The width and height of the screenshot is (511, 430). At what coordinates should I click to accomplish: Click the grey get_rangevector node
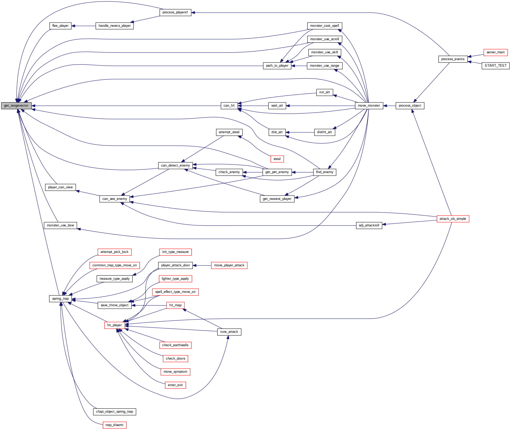click(x=16, y=106)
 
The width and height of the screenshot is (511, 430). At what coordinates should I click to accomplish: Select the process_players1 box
click(x=175, y=12)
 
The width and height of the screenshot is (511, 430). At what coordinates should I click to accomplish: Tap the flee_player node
click(x=60, y=26)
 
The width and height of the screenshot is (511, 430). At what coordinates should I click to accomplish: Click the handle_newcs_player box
click(x=115, y=26)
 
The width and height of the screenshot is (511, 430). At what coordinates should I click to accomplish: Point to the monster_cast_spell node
click(x=324, y=26)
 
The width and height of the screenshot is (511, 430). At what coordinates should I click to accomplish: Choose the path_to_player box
click(x=277, y=66)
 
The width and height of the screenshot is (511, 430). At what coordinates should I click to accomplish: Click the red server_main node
click(x=495, y=52)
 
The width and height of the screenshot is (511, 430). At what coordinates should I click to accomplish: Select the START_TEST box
click(x=495, y=66)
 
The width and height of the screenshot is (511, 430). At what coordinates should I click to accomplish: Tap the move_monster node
click(x=369, y=106)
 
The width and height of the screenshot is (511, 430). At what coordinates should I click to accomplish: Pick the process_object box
click(x=410, y=106)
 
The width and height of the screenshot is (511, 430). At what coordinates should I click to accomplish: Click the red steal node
click(x=277, y=159)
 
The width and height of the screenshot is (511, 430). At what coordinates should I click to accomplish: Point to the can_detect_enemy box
click(x=175, y=165)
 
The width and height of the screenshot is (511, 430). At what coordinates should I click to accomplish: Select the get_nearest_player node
click(x=277, y=199)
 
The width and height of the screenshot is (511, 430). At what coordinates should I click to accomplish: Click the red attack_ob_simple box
click(x=453, y=219)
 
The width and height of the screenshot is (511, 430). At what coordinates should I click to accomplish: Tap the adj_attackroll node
click(x=369, y=225)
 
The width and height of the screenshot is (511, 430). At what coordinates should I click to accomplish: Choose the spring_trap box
click(x=60, y=299)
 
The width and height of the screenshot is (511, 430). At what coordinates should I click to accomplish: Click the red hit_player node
click(x=114, y=325)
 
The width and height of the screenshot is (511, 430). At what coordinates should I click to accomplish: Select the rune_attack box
click(x=229, y=332)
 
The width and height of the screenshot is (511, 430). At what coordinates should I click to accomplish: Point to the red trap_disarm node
click(x=114, y=425)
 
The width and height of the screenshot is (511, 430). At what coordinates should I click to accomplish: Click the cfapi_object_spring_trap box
click(x=114, y=412)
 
